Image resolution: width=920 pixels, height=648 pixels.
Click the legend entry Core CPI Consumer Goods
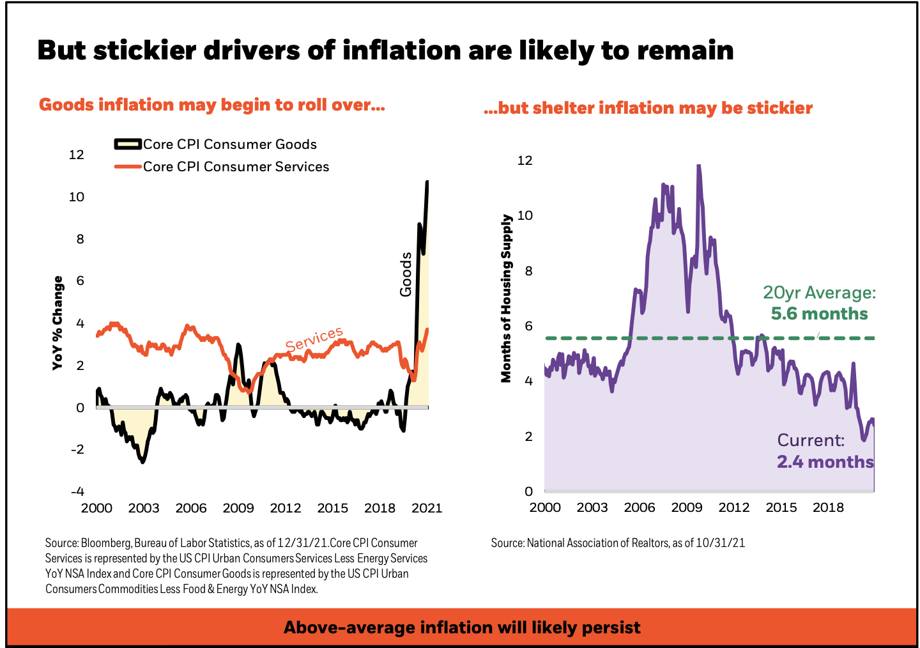click(x=229, y=144)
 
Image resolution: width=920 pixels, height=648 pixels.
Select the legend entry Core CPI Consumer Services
click(x=236, y=167)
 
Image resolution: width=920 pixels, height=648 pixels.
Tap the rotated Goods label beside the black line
click(x=406, y=275)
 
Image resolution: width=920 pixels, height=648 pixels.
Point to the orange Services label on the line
click(x=314, y=339)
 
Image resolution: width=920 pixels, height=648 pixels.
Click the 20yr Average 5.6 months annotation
click(x=819, y=303)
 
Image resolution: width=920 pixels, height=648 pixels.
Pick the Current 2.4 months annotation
click(x=824, y=451)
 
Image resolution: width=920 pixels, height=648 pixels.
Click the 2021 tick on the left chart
click(x=427, y=508)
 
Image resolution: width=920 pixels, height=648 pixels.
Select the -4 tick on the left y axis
click(x=77, y=491)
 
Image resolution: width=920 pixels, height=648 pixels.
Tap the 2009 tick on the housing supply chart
click(x=687, y=507)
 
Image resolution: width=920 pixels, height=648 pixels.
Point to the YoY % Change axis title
click(x=58, y=323)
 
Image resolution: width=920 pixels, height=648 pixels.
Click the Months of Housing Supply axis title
click(x=507, y=298)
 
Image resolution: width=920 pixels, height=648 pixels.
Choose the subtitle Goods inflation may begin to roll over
click(x=211, y=105)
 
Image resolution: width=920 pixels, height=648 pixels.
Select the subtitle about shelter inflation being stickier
click(x=648, y=108)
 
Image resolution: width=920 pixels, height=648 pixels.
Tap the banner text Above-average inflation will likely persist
click(x=462, y=628)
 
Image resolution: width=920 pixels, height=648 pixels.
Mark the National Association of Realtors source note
click(x=618, y=543)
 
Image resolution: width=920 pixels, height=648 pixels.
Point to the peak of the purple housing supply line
click(x=698, y=166)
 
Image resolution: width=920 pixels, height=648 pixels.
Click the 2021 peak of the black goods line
click(x=427, y=182)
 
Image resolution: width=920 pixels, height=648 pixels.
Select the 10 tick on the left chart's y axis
click(x=77, y=197)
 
